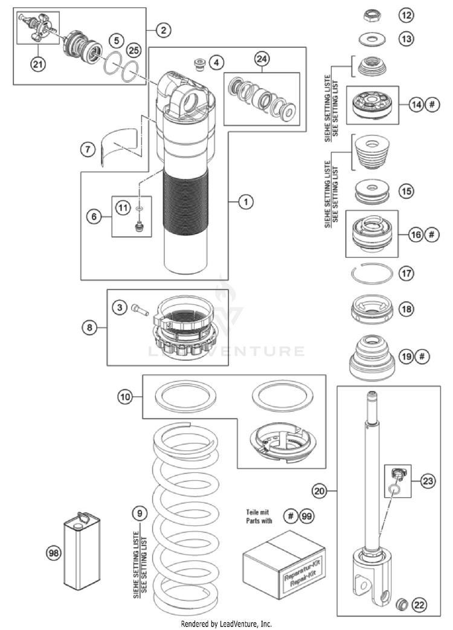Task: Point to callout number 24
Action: [262, 59]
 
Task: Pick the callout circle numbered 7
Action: [89, 147]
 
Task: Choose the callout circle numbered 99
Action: [307, 516]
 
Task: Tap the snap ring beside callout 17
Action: [373, 273]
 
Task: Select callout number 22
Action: [420, 605]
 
